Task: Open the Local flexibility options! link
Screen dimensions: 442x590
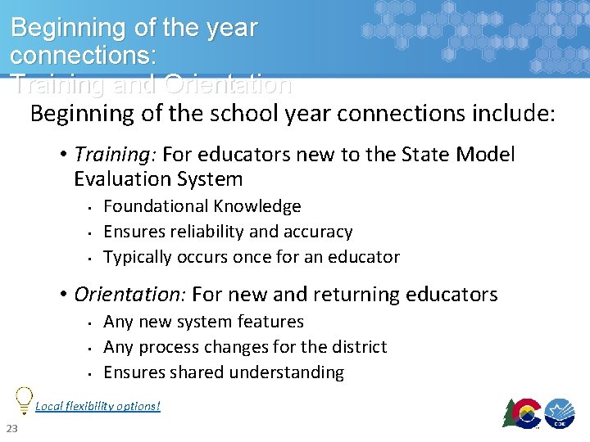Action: pos(98,406)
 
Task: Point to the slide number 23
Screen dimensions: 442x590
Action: pos(12,430)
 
